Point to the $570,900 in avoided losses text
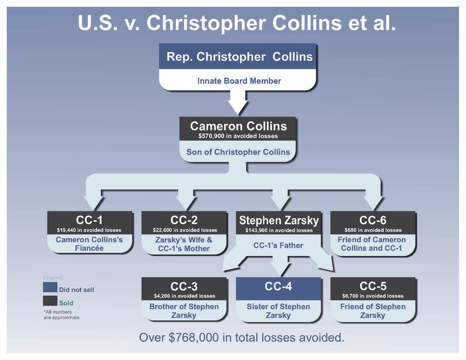pos(233,136)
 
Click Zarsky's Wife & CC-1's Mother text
pos(183,245)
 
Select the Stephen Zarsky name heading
pos(278,220)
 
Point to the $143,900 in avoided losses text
pos(278,230)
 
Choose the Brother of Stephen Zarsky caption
pos(183,311)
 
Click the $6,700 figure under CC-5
pos(373,296)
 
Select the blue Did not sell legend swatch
pos(50,288)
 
